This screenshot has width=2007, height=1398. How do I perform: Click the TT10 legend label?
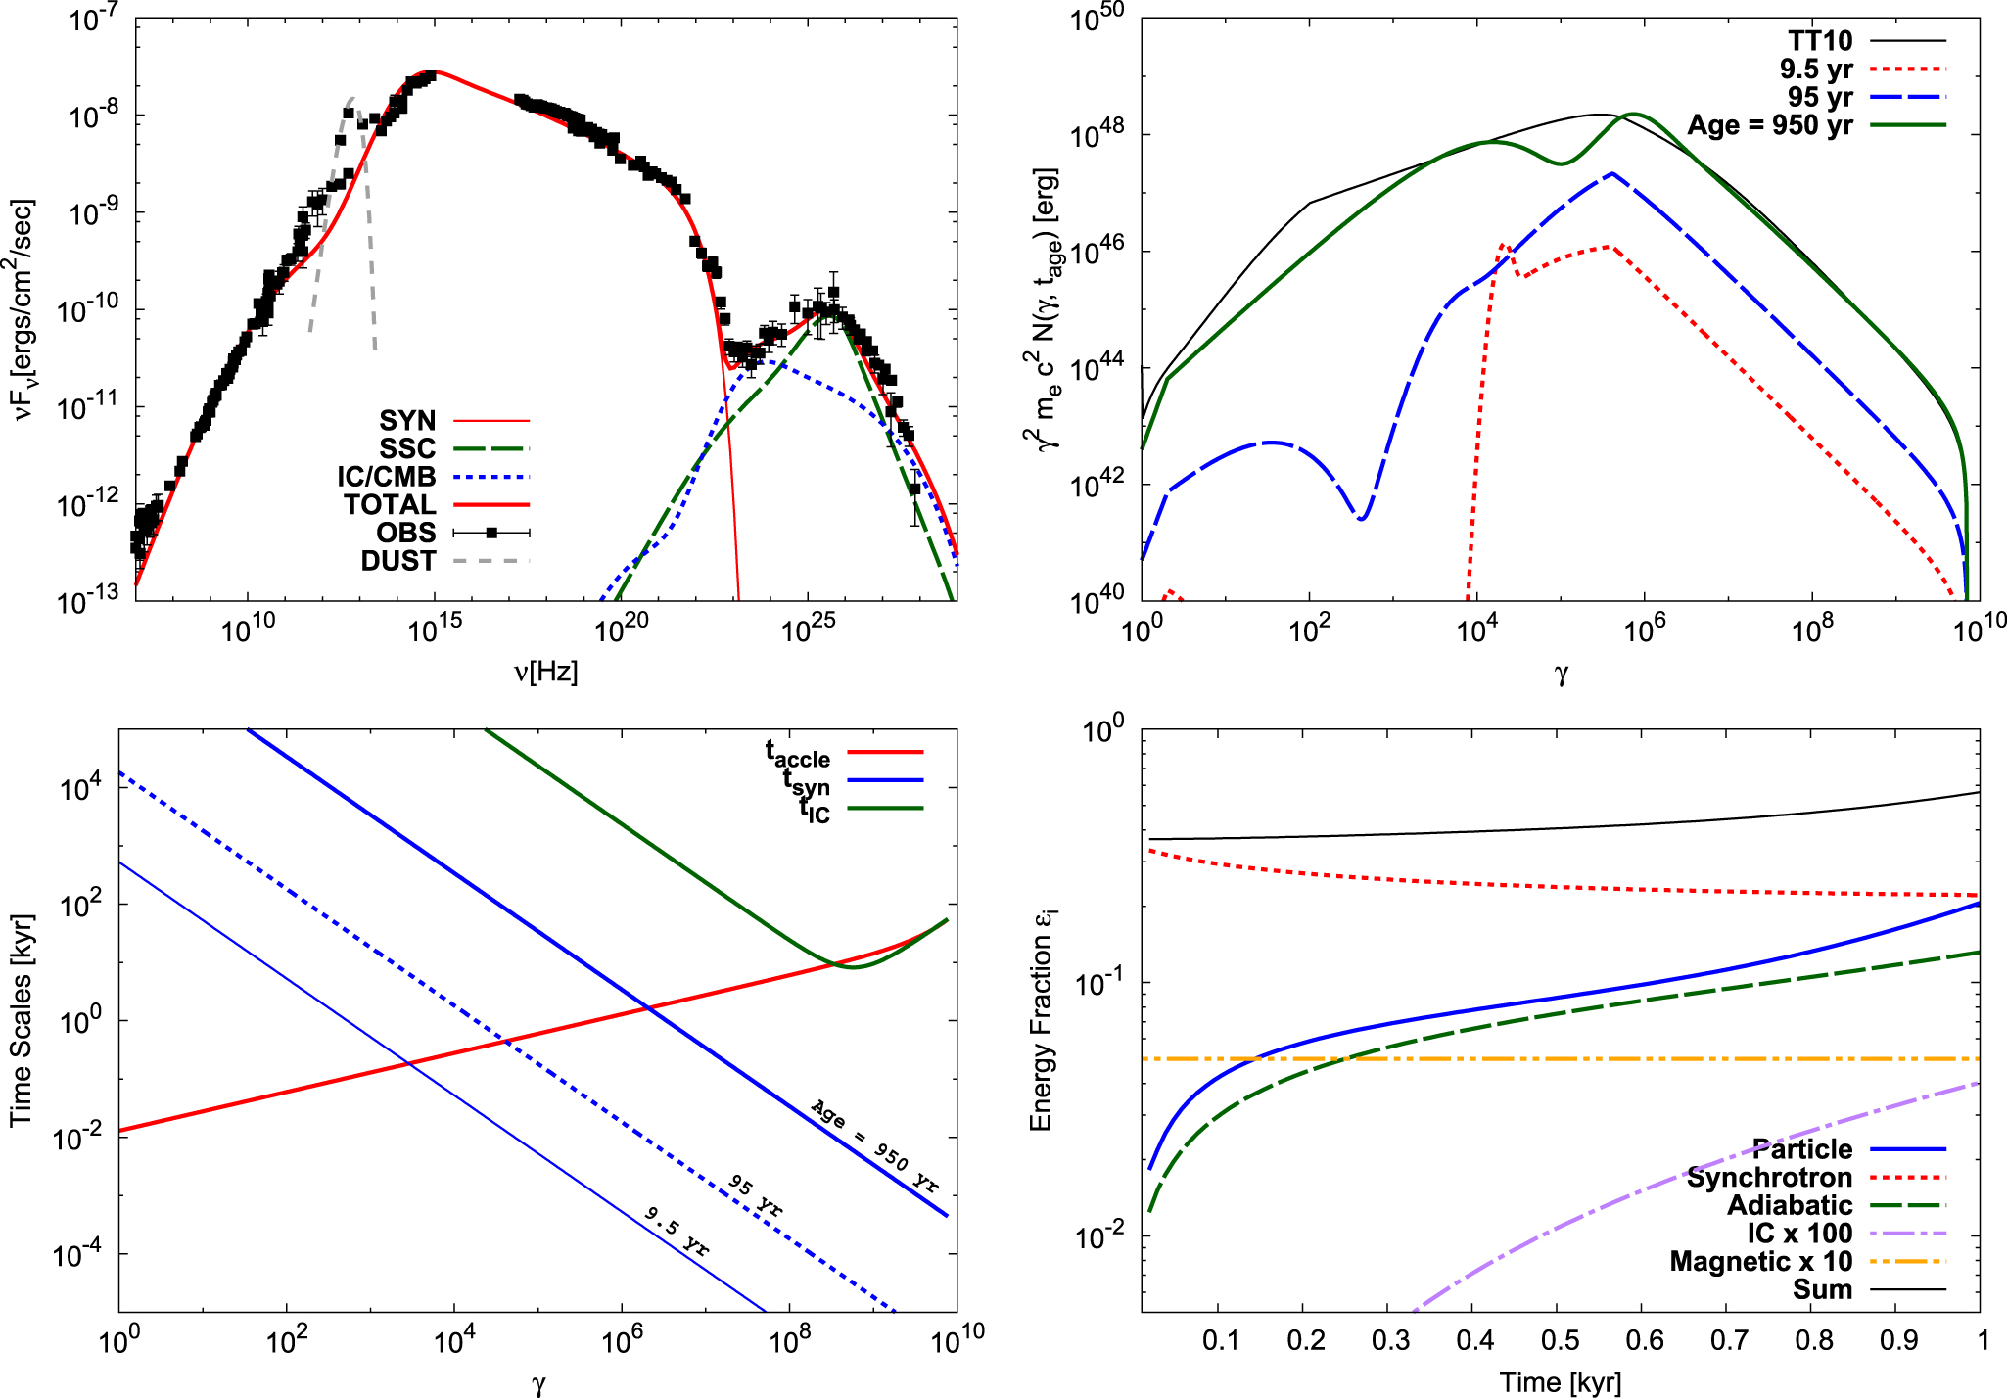[x=1820, y=41]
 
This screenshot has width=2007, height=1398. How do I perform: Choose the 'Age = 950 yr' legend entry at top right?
[x=1769, y=125]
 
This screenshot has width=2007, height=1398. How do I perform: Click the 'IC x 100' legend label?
[x=1799, y=1233]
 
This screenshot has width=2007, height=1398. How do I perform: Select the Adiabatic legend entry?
[x=1789, y=1205]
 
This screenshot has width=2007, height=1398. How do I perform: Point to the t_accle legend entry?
[x=798, y=754]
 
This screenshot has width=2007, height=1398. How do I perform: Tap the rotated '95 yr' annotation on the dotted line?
[x=756, y=1195]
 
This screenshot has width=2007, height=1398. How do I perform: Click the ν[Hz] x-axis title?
[x=545, y=673]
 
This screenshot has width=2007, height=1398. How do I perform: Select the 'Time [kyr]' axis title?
[x=1560, y=1382]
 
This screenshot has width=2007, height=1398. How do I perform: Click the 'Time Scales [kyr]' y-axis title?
[x=21, y=1020]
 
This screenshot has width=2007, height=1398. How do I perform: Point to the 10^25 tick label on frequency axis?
[x=808, y=628]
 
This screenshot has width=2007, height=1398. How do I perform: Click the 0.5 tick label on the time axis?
[x=1560, y=1339]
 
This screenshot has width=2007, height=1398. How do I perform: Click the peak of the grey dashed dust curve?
[x=351, y=99]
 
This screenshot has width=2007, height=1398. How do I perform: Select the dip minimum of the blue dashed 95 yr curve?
[x=1361, y=518]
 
